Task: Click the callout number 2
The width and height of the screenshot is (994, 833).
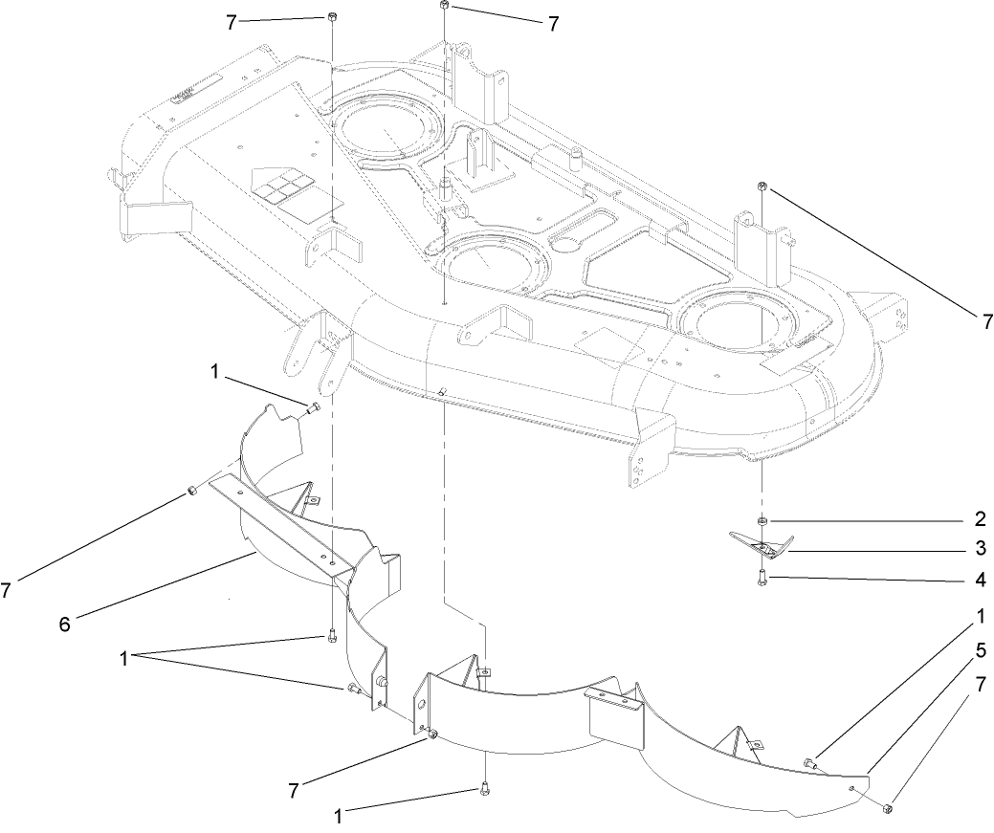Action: point(980,521)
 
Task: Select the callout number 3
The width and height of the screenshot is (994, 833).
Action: point(980,549)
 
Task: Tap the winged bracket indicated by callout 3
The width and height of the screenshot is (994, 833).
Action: point(761,546)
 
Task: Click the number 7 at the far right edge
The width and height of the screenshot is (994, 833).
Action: point(986,323)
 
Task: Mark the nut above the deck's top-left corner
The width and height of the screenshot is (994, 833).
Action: point(331,17)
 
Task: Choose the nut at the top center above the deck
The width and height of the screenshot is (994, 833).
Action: point(445,7)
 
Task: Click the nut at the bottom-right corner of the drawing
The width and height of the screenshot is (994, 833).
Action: point(889,809)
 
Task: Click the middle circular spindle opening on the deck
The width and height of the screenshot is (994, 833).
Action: point(487,257)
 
